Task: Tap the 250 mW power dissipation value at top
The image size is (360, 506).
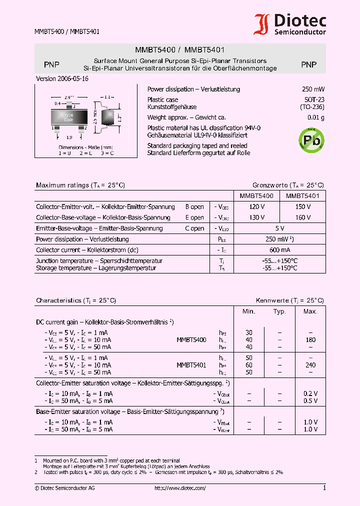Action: pos(313,89)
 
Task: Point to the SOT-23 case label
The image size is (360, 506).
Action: pos(314,99)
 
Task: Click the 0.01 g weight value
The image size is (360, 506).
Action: pos(315,117)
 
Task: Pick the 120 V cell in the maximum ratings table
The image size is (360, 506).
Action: pos(256,206)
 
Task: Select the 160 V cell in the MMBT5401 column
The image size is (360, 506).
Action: pos(302,217)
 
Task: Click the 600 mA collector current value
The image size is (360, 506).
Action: pos(279,250)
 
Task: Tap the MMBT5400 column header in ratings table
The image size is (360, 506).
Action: pos(256,196)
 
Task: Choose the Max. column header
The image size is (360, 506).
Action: pos(310,311)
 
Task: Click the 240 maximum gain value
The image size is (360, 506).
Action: pos(310,365)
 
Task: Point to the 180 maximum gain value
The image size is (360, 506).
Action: pos(310,339)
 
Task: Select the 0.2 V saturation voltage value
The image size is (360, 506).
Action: pos(310,393)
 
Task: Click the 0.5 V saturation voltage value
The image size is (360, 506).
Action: pos(310,401)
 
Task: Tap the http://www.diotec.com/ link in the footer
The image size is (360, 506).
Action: pos(180,488)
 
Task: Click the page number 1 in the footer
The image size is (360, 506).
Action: pos(324,488)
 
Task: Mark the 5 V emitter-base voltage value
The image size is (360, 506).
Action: pos(279,228)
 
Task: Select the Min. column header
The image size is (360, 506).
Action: pos(249,311)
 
